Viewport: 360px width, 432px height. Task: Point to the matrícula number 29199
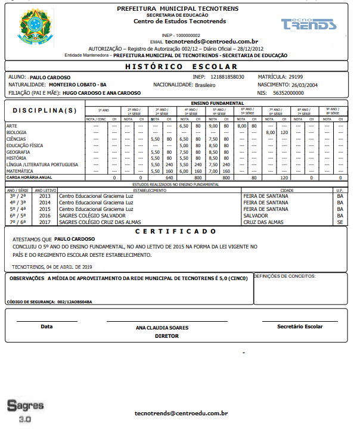[x=296, y=77]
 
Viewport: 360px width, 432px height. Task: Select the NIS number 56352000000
[x=288, y=93]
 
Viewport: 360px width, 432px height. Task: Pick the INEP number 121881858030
[x=227, y=77]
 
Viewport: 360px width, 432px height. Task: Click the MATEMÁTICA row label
[x=21, y=170]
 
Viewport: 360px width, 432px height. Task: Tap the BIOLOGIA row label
[x=17, y=132]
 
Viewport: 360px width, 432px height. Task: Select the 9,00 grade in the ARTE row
[x=213, y=126]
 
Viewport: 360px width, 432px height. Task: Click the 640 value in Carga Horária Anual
[x=169, y=177]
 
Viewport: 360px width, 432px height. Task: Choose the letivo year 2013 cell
[x=45, y=195]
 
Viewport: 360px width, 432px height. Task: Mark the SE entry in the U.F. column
[x=340, y=222]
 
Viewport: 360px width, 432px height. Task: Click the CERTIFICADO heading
[x=175, y=231]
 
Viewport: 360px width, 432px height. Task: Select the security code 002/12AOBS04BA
[x=75, y=302]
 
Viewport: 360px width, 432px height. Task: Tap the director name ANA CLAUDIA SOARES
[x=162, y=328]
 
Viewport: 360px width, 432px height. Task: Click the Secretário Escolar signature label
[x=300, y=327]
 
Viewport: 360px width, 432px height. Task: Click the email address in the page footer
[x=181, y=413]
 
